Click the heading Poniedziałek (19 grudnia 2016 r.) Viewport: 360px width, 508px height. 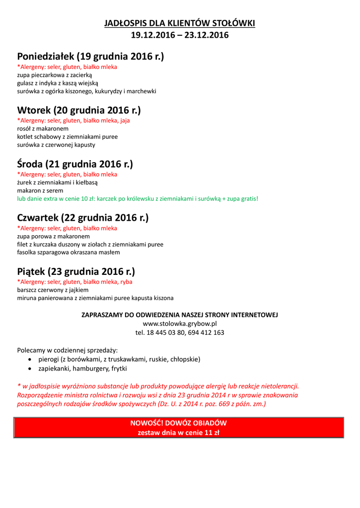point(90,57)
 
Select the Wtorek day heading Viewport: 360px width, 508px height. point(79,110)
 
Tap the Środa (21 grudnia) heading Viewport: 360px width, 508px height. point(75,164)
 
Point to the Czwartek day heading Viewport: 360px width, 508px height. point(83,218)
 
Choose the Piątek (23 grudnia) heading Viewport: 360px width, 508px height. point(76,271)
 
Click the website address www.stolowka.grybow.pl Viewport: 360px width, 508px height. point(180,323)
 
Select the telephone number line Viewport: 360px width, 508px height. point(180,332)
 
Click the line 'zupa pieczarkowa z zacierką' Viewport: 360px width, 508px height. point(51,74)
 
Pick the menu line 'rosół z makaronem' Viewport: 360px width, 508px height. point(43,128)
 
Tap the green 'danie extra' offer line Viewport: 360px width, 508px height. point(138,199)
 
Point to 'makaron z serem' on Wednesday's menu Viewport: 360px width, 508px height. point(40,190)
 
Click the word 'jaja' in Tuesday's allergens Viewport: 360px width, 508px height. point(125,120)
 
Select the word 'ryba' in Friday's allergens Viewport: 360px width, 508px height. point(126,282)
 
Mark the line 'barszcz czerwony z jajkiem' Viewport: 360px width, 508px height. point(53,290)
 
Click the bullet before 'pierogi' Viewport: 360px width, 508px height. point(32,359)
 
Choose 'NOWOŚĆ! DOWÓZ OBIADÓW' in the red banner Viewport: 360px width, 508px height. point(178,423)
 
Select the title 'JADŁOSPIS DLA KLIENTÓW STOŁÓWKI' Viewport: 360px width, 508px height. point(180,23)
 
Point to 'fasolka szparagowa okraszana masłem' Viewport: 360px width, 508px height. point(69,253)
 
